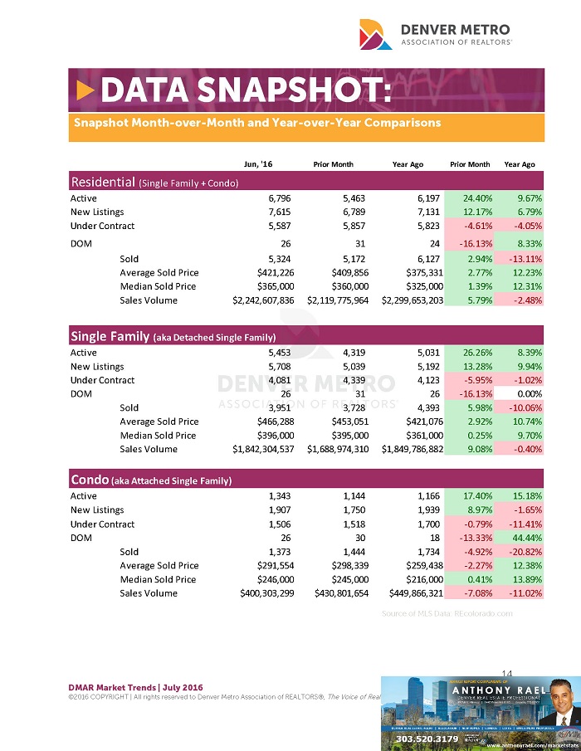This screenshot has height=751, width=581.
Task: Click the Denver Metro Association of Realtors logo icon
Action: pyautogui.click(x=374, y=34)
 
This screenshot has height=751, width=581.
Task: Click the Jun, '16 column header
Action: pyautogui.click(x=254, y=164)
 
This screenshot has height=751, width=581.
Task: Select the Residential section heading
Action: pyautogui.click(x=155, y=182)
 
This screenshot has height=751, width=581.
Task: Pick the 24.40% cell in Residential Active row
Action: pyautogui.click(x=471, y=198)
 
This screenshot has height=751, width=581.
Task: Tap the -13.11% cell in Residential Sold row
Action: pyautogui.click(x=524, y=259)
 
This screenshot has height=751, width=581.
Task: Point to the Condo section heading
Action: pyautogui.click(x=150, y=480)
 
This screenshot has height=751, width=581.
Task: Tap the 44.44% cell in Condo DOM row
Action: pyautogui.click(x=525, y=538)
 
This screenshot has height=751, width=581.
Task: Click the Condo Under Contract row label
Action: pyautogui.click(x=102, y=524)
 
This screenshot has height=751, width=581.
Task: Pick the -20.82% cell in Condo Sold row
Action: pyautogui.click(x=524, y=552)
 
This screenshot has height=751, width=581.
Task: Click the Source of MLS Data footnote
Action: pyautogui.click(x=447, y=613)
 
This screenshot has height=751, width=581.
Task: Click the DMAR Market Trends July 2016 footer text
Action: pyautogui.click(x=136, y=688)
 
